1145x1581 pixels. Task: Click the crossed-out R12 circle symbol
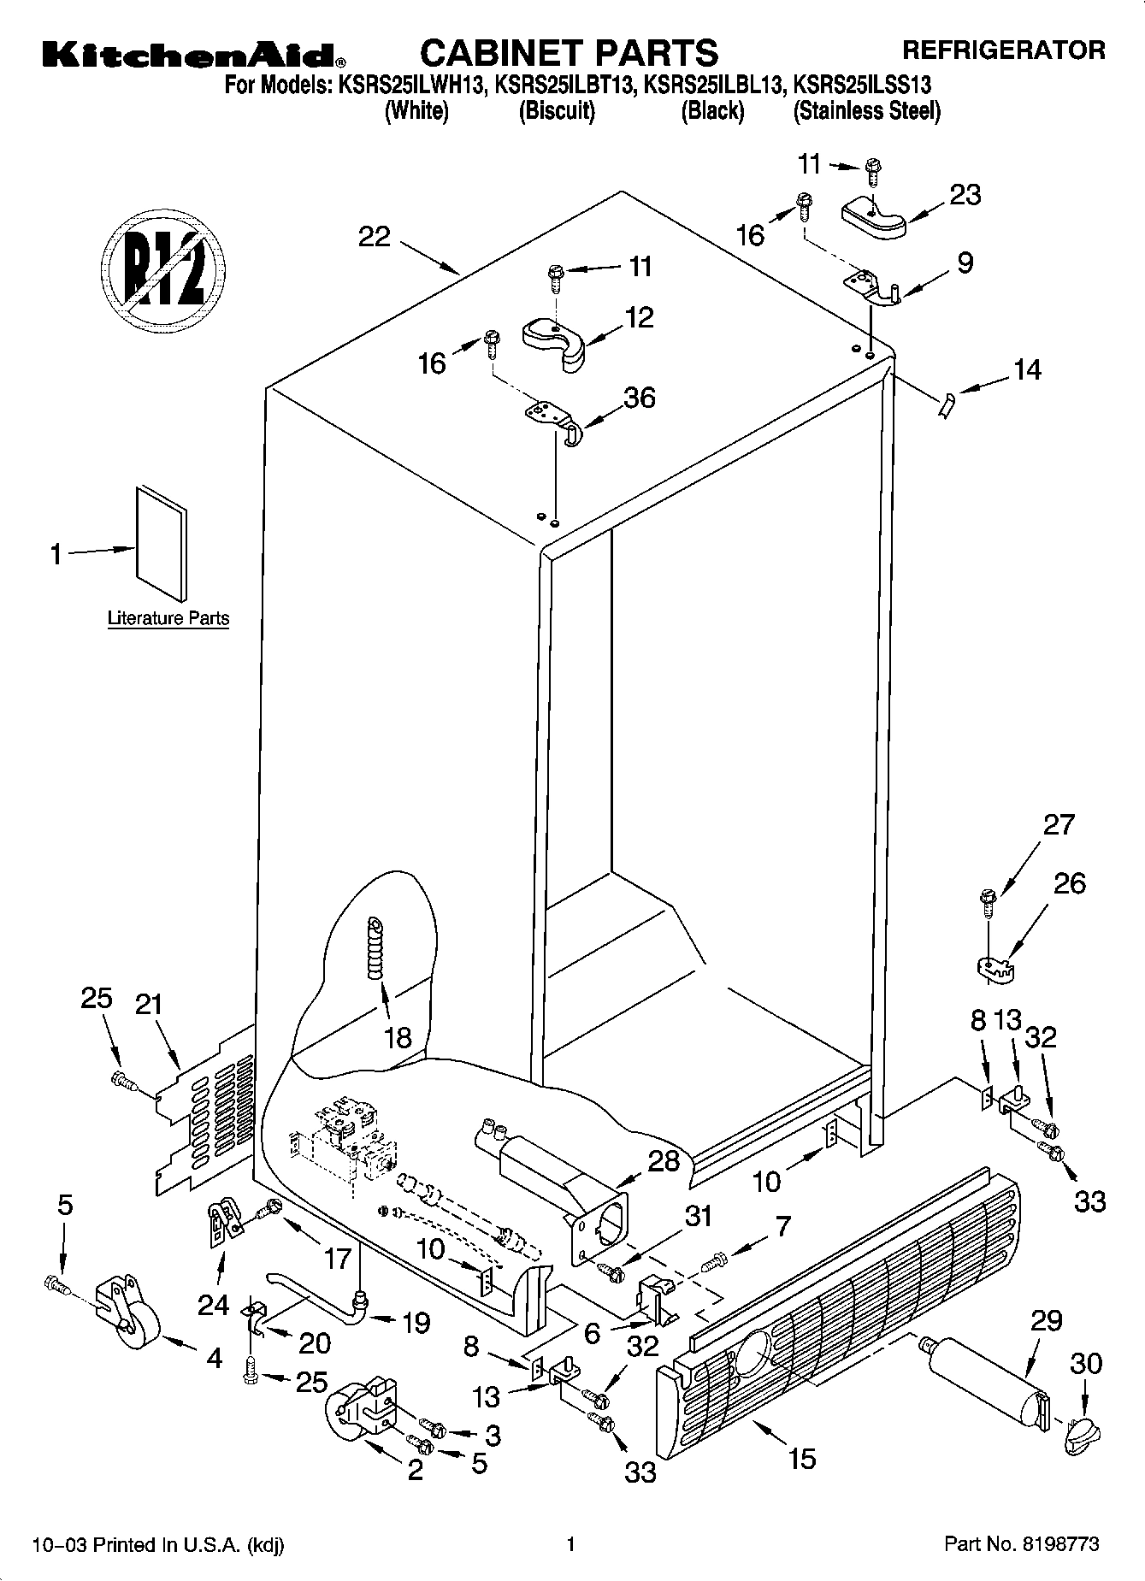[162, 268]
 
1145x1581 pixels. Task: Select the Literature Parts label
[168, 618]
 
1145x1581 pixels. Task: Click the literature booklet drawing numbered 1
[161, 542]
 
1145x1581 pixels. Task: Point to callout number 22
[374, 236]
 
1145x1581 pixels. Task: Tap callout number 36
[639, 398]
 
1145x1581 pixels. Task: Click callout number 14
[1027, 370]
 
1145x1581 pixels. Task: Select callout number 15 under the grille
[801, 1458]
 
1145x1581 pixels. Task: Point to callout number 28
[664, 1161]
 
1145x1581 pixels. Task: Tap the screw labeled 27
[988, 902]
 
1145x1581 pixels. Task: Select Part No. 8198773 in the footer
[1021, 1544]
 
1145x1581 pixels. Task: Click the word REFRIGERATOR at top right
[1004, 50]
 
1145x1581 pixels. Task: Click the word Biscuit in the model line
[557, 111]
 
